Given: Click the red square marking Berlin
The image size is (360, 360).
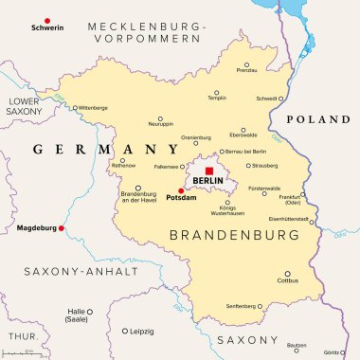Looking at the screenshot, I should point(209,171).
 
